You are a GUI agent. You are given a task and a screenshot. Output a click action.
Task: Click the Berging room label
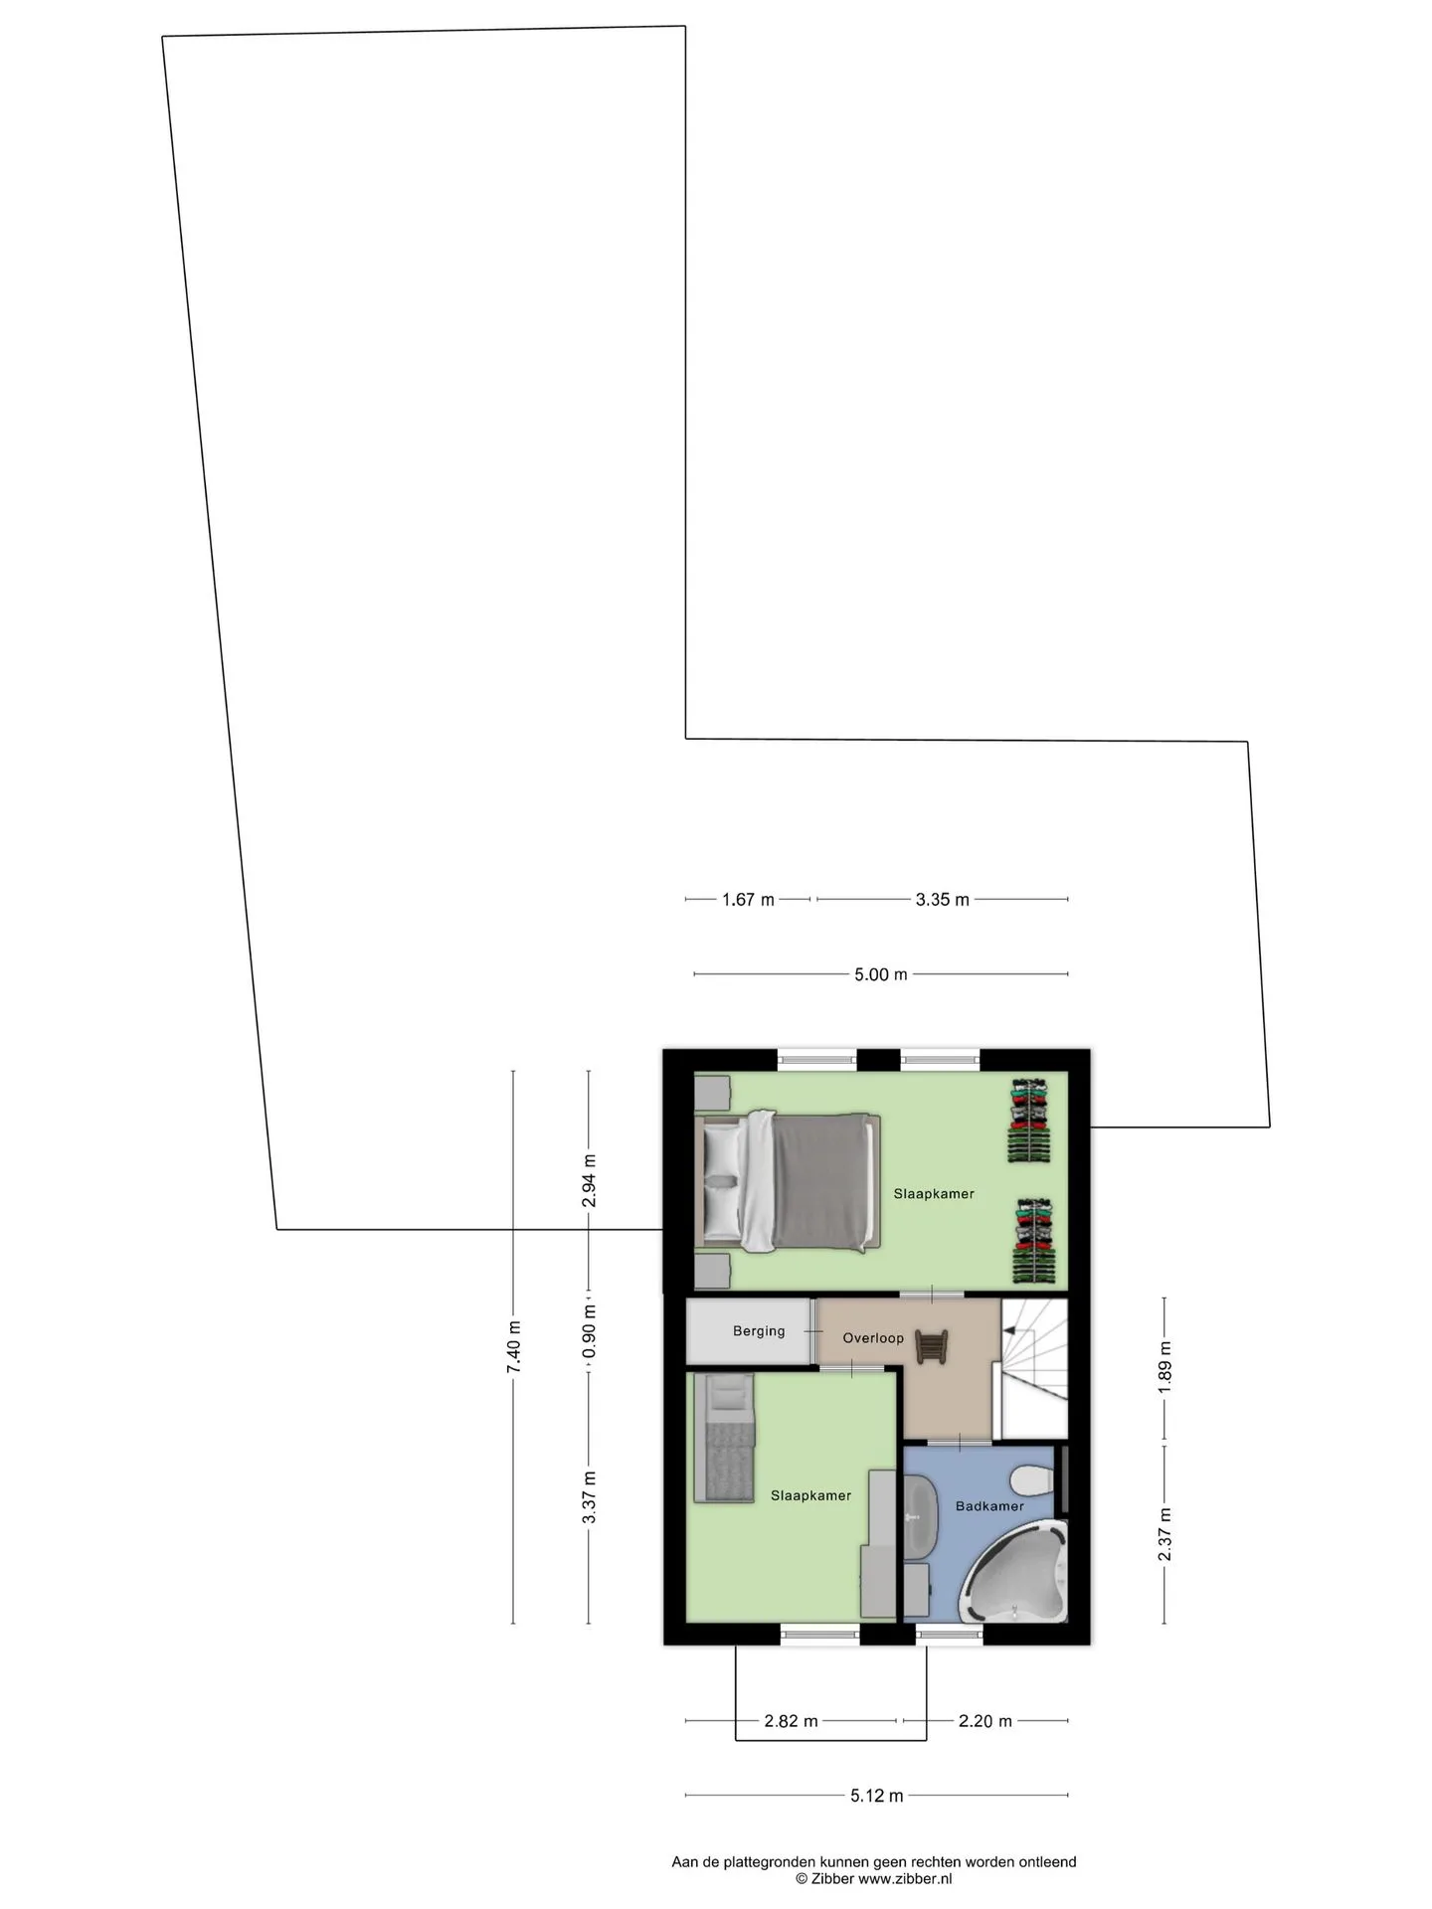[759, 1331]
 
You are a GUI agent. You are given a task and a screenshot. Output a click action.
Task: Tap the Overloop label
[873, 1338]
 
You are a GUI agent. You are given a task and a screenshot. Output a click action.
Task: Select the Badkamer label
[989, 1505]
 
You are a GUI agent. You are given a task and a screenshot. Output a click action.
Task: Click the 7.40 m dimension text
[514, 1347]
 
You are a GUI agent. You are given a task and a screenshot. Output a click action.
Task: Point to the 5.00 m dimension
[881, 974]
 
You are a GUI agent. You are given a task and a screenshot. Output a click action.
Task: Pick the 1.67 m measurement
[748, 900]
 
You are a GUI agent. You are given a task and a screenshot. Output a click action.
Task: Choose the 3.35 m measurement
[942, 900]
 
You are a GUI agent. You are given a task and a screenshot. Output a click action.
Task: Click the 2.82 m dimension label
[791, 1721]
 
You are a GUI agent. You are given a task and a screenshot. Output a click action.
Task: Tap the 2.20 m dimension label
[985, 1721]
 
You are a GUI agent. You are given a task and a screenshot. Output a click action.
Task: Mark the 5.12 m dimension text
[877, 1796]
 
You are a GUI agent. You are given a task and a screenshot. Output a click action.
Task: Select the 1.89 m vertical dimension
[1164, 1368]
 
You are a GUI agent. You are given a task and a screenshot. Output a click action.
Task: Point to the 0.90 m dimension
[589, 1334]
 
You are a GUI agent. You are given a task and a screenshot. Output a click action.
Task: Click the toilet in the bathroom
[1031, 1482]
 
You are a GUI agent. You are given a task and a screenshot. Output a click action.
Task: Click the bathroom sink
[918, 1518]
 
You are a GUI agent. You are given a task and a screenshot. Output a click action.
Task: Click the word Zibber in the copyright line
[832, 1879]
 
